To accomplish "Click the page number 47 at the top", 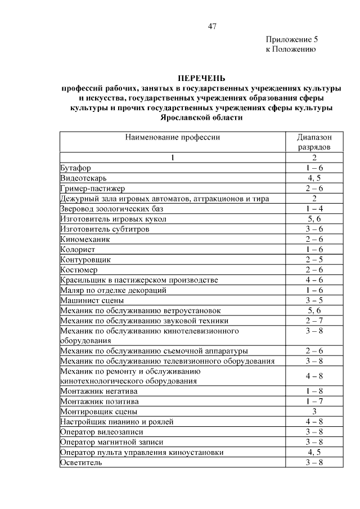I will click(x=212, y=26).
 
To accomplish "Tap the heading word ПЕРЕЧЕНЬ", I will click(x=201, y=78).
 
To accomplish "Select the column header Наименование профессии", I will click(x=172, y=137).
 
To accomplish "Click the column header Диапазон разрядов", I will click(x=314, y=142).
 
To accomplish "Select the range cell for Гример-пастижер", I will click(x=314, y=188).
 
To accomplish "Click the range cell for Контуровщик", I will click(x=314, y=259).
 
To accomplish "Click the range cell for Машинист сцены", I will click(x=314, y=300).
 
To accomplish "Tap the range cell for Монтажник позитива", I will click(x=314, y=401).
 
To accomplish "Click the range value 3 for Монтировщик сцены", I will click(x=314, y=411).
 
